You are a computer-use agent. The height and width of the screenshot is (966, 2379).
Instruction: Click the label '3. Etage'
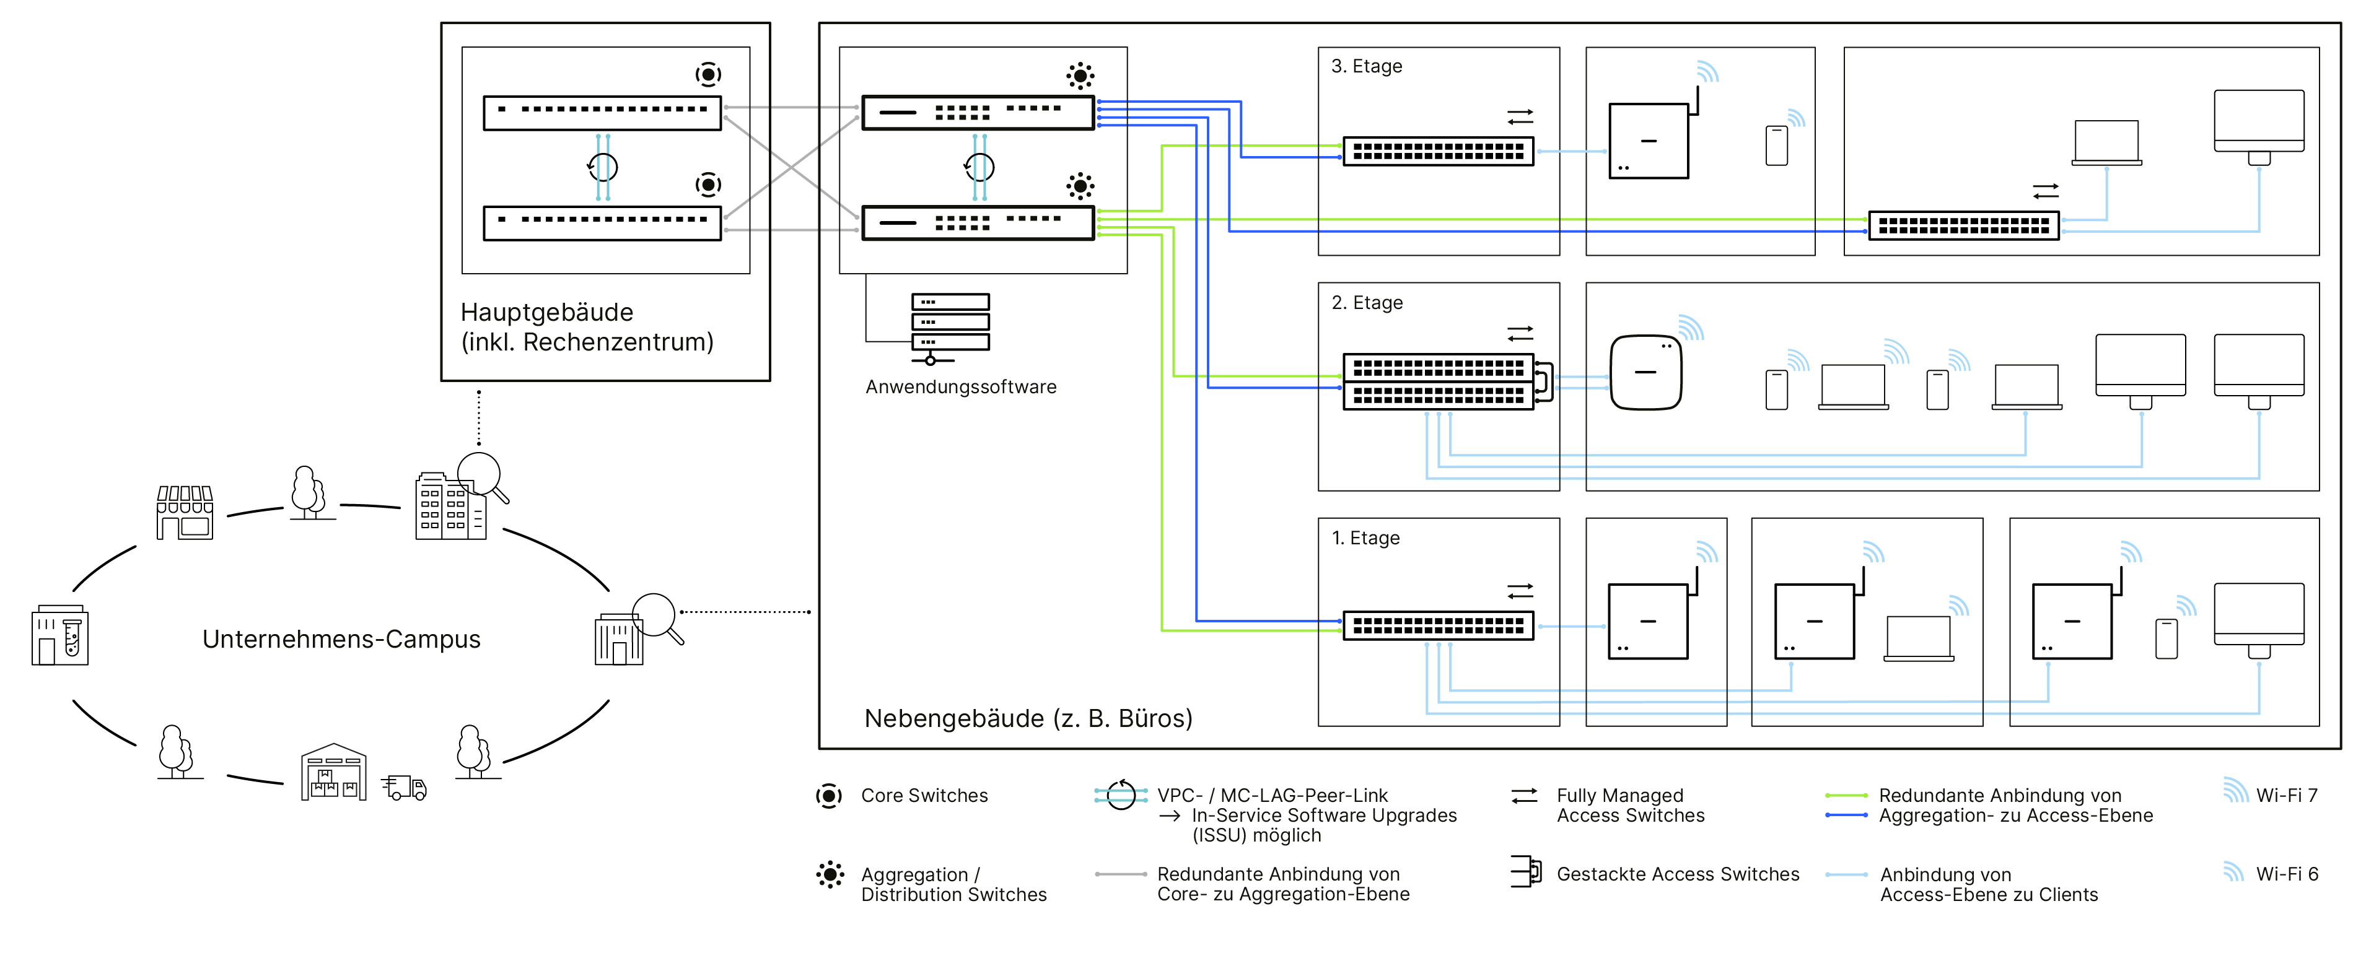1366,66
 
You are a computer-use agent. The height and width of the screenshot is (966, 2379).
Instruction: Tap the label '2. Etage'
1367,303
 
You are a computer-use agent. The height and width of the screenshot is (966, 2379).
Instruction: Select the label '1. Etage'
1365,538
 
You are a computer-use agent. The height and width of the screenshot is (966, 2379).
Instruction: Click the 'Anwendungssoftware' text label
960,387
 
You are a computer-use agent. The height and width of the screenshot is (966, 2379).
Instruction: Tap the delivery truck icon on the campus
405,787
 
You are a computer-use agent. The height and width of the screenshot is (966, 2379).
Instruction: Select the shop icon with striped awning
185,513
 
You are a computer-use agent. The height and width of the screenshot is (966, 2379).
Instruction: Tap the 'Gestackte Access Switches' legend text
1677,874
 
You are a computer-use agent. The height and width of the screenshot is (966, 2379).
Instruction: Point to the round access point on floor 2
1645,372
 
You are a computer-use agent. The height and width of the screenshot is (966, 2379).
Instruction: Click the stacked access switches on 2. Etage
1438,381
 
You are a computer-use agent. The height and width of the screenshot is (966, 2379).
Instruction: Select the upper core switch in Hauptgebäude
602,113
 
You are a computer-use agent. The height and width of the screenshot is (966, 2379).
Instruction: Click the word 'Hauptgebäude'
546,312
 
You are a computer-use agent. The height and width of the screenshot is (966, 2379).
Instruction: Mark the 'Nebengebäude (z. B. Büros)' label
1028,718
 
